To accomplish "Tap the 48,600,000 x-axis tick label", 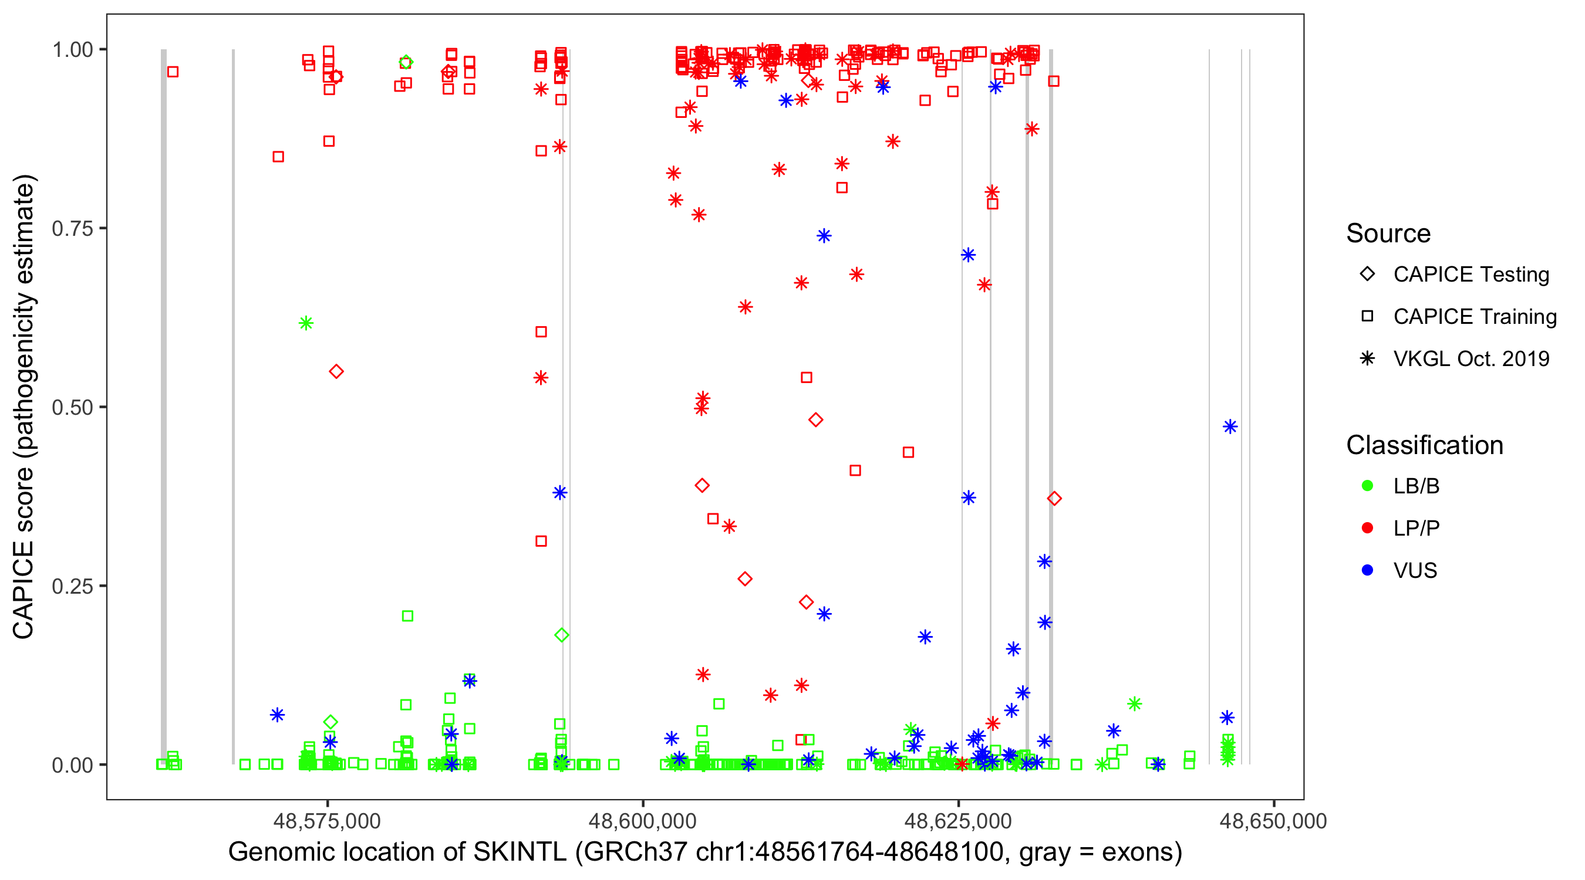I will pyautogui.click(x=642, y=821).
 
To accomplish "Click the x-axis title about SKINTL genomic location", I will pyautogui.click(x=705, y=852).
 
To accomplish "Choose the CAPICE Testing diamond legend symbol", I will pyautogui.click(x=1367, y=275).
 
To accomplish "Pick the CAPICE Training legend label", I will pyautogui.click(x=1475, y=317).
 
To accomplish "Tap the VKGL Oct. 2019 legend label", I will pyautogui.click(x=1471, y=359).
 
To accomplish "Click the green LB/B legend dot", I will pyautogui.click(x=1367, y=486).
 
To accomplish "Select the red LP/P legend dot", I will pyautogui.click(x=1367, y=528).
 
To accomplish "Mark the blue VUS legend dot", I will pyautogui.click(x=1367, y=571).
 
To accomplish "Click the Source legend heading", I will pyautogui.click(x=1388, y=233).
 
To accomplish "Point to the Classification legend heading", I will pyautogui.click(x=1424, y=445).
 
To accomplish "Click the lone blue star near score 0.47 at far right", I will pyautogui.click(x=1229, y=427).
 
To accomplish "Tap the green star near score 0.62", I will pyautogui.click(x=306, y=323).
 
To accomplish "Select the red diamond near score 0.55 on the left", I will pyautogui.click(x=336, y=371).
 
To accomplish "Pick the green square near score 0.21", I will pyautogui.click(x=407, y=616).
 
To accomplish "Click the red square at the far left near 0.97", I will pyautogui.click(x=173, y=72).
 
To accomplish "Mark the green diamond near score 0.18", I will pyautogui.click(x=561, y=635).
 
